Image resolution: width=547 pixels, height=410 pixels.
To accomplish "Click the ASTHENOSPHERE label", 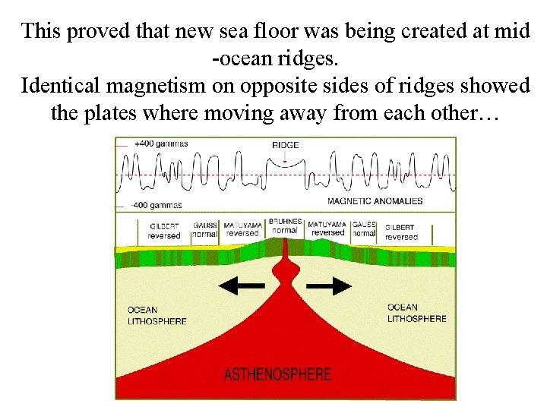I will click(x=277, y=374).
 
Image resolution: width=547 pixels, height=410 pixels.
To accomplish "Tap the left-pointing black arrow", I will click(x=242, y=285).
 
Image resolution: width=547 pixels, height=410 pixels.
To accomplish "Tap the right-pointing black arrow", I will click(x=328, y=285).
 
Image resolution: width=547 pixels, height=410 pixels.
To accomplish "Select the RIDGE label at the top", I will click(x=285, y=145).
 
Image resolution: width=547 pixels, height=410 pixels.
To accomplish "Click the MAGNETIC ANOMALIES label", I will click(x=375, y=201).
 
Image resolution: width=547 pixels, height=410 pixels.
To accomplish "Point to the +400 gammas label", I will click(x=160, y=143).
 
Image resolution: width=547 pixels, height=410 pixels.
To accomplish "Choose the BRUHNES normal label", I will click(x=284, y=225).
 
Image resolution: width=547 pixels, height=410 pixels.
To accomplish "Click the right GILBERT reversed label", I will click(x=400, y=232).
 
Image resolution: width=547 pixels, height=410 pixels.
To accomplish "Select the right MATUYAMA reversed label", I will click(x=327, y=229).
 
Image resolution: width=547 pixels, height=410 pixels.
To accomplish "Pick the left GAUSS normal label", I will click(x=204, y=229).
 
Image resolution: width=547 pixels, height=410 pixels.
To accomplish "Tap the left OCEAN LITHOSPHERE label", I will click(x=157, y=315).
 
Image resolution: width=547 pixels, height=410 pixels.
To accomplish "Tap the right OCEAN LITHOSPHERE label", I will click(x=416, y=313).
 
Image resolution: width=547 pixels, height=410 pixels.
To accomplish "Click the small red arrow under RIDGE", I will click(x=285, y=158).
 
